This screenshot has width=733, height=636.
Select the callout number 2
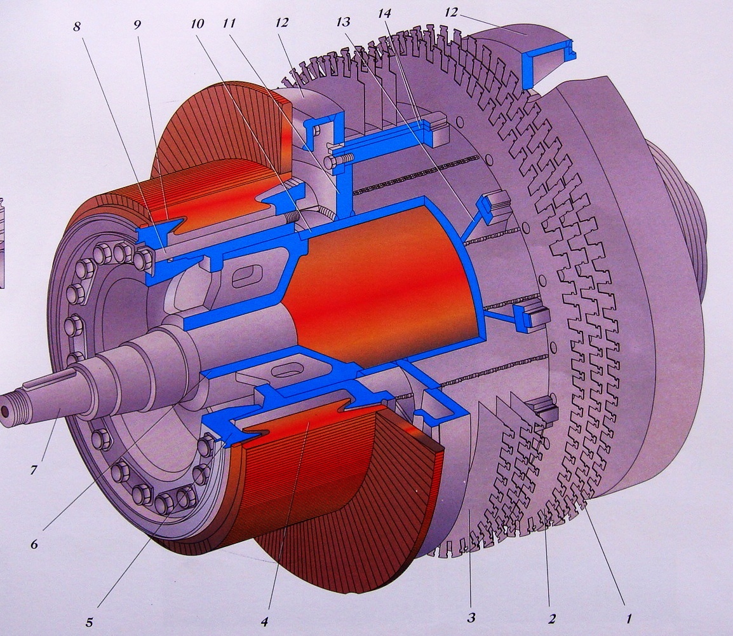tap(551, 619)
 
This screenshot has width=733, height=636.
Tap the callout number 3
tap(471, 618)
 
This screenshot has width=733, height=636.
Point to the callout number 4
tap(265, 622)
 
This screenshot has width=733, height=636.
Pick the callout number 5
tap(90, 623)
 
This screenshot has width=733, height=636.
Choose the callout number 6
tap(34, 544)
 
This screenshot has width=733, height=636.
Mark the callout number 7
tap(34, 469)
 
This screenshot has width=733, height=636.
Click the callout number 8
tap(77, 26)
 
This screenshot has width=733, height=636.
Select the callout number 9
tap(137, 25)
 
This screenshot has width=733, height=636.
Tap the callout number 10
tap(197, 24)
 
